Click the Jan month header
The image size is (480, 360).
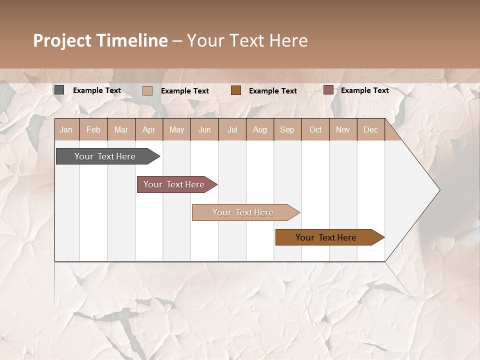[66, 130]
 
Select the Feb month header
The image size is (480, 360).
[93, 130]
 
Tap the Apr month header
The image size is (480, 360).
[148, 130]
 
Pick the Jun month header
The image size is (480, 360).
[204, 130]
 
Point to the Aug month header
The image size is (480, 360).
[259, 130]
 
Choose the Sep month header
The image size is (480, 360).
[287, 130]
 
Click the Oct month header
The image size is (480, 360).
[315, 130]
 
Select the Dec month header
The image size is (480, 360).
[370, 130]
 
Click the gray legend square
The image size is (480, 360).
[59, 90]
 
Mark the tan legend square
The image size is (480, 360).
[147, 90]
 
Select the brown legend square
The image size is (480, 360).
[236, 90]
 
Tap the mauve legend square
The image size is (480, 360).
[328, 90]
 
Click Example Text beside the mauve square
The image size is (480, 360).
[364, 90]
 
